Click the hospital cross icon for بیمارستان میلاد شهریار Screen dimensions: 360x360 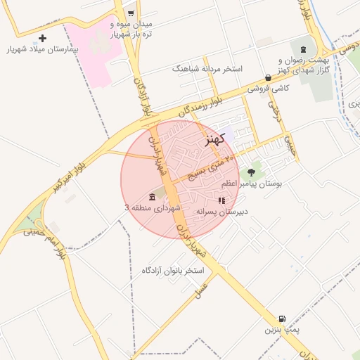pos(43,38)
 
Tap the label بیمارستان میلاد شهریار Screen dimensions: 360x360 pos(42,50)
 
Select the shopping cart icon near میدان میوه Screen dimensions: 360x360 pos(131,13)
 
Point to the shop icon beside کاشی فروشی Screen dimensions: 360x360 pos(268,77)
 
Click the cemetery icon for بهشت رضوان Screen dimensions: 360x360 pos(303,49)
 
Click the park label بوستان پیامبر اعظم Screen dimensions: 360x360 pos(251,184)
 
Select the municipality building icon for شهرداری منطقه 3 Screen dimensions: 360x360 pos(153,196)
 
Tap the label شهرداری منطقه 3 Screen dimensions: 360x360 pos(153,208)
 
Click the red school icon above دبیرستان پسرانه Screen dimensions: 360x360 pos(222,200)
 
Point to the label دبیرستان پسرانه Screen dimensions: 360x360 pos(222,211)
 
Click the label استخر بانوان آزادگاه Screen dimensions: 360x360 pos(172,270)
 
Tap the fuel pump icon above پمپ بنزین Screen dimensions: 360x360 pos(283,318)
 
